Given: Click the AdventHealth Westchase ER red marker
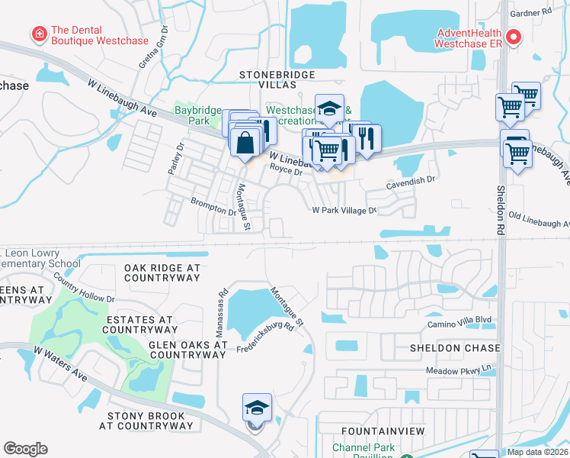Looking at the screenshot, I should tap(514, 36).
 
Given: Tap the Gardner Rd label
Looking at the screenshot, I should tap(533, 12).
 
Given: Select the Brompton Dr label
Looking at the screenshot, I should tap(213, 206).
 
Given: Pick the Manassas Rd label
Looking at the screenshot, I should tap(223, 302).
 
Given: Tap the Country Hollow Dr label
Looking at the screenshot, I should tap(84, 293).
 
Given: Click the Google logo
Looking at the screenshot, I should tap(26, 448).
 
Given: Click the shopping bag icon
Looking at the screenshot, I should tap(245, 143).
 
